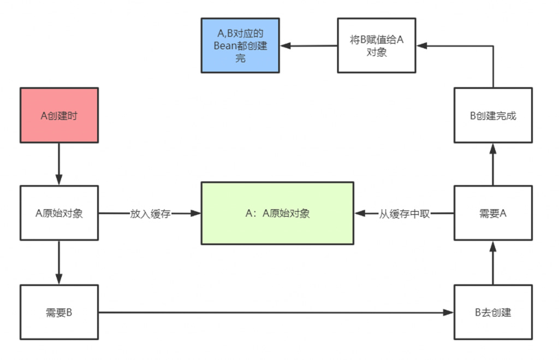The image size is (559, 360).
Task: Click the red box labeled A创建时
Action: click(59, 115)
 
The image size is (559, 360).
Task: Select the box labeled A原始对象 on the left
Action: click(59, 213)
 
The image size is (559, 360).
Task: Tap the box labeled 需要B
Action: click(59, 312)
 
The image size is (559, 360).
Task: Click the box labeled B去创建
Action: click(493, 312)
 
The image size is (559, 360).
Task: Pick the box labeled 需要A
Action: click(493, 213)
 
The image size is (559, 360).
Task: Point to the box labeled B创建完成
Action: click(493, 115)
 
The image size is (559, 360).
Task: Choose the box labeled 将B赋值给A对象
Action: click(376, 45)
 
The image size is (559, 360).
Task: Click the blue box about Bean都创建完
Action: click(240, 45)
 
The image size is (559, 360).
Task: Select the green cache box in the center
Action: click(277, 213)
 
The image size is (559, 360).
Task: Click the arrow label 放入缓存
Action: click(150, 214)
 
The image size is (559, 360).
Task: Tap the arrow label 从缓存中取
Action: click(405, 214)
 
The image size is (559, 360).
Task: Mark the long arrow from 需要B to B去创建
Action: click(276, 312)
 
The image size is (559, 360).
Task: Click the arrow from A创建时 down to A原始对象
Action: click(59, 164)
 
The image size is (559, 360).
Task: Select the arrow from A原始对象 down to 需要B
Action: click(59, 262)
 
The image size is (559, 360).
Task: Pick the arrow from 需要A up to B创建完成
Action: click(493, 164)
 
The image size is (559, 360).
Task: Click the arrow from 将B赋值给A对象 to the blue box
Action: click(308, 46)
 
